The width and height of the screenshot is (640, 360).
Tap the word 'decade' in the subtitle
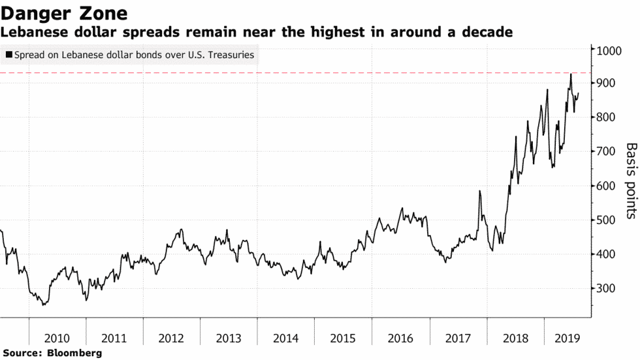coord(488,31)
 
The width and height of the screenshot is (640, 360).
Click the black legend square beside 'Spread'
coord(8,56)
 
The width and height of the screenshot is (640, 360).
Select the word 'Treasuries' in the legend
coord(231,56)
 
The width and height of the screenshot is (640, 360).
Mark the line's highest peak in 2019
coord(571,74)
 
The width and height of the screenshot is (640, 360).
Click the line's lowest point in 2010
coord(44,304)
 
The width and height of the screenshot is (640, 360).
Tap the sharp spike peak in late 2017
coord(479,191)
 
